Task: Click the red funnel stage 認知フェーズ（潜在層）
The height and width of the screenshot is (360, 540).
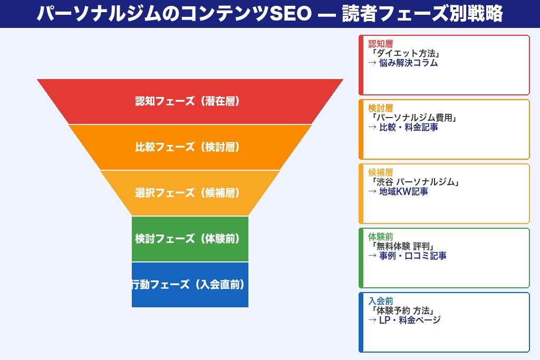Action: point(190,101)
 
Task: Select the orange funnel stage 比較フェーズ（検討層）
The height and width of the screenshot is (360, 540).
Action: point(190,147)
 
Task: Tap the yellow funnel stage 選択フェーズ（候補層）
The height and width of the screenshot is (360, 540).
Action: point(190,193)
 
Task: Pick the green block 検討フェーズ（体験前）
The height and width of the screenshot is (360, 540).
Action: point(190,239)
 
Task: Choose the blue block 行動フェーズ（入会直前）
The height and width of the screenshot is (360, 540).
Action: point(190,285)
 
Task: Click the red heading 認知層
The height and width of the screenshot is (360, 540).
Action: point(381,44)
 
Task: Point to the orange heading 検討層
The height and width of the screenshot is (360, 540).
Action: point(381,108)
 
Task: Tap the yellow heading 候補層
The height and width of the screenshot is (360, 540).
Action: point(381,172)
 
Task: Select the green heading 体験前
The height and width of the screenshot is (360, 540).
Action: point(381,237)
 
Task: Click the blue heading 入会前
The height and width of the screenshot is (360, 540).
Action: point(381,301)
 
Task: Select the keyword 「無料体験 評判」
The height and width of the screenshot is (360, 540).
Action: point(402,246)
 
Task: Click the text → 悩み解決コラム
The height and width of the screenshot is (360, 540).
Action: point(403,63)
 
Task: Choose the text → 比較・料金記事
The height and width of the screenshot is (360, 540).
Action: point(403,127)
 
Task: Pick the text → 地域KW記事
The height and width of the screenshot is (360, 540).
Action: point(398,191)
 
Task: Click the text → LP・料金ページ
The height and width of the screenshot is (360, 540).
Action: point(404,320)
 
